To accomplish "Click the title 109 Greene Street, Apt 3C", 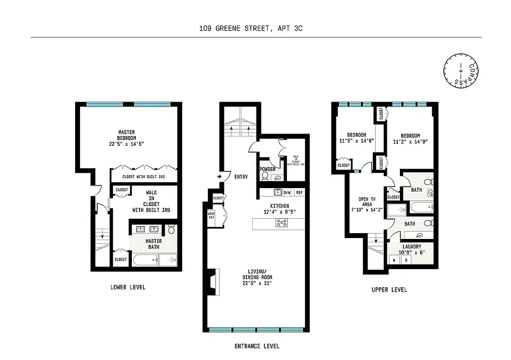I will tap(251, 28).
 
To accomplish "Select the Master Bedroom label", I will tap(126, 135).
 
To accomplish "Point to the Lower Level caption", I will tap(128, 287).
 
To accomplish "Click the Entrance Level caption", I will tap(257, 346).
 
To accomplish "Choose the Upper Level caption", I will tap(389, 290).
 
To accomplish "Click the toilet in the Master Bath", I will tap(171, 230).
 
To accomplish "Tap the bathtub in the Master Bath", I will tap(144, 260).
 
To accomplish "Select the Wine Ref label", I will tap(211, 215).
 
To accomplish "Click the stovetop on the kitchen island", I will tap(282, 222).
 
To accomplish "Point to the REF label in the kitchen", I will tap(299, 193).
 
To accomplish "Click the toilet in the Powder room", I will tap(265, 176).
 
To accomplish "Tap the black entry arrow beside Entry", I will tap(220, 177).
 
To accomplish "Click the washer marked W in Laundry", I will tap(394, 261).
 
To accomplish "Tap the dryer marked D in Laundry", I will tap(406, 261).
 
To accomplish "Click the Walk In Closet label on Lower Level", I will tap(151, 201).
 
